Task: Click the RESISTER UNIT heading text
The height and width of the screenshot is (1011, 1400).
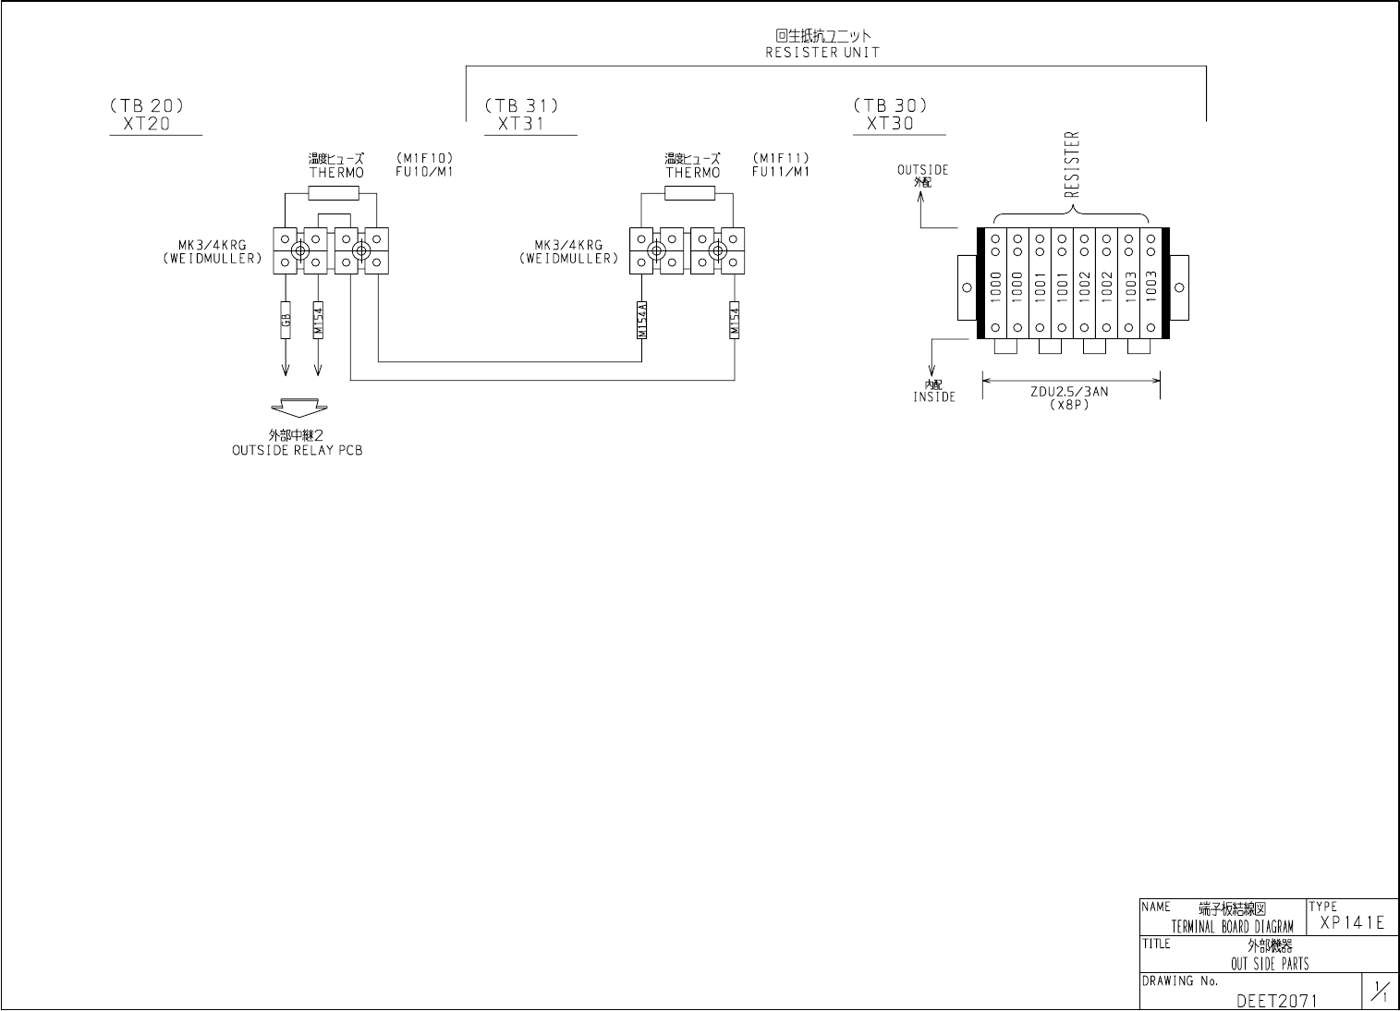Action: [822, 53]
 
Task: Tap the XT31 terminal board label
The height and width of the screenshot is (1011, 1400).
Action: [521, 124]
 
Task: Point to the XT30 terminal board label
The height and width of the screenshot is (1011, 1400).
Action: [890, 123]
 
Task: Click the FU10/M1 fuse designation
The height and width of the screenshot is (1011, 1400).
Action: [423, 171]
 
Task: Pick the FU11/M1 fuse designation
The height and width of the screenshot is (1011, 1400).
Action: [780, 171]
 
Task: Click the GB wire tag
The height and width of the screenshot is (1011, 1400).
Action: [286, 320]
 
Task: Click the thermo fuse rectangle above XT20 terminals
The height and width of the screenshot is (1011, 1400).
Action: [333, 193]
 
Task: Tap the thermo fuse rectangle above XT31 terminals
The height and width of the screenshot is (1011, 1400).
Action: [689, 193]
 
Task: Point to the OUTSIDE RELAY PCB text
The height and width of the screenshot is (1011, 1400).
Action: [298, 451]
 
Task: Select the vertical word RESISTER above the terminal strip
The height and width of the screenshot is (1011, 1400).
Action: [1072, 164]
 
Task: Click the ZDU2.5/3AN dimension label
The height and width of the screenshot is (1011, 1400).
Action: [1069, 392]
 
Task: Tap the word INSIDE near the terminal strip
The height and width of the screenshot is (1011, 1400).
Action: [934, 396]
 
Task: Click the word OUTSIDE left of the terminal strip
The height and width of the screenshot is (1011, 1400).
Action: [922, 170]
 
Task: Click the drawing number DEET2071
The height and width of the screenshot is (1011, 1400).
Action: [1276, 999]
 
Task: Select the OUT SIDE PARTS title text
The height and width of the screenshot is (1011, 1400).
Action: [1270, 963]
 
